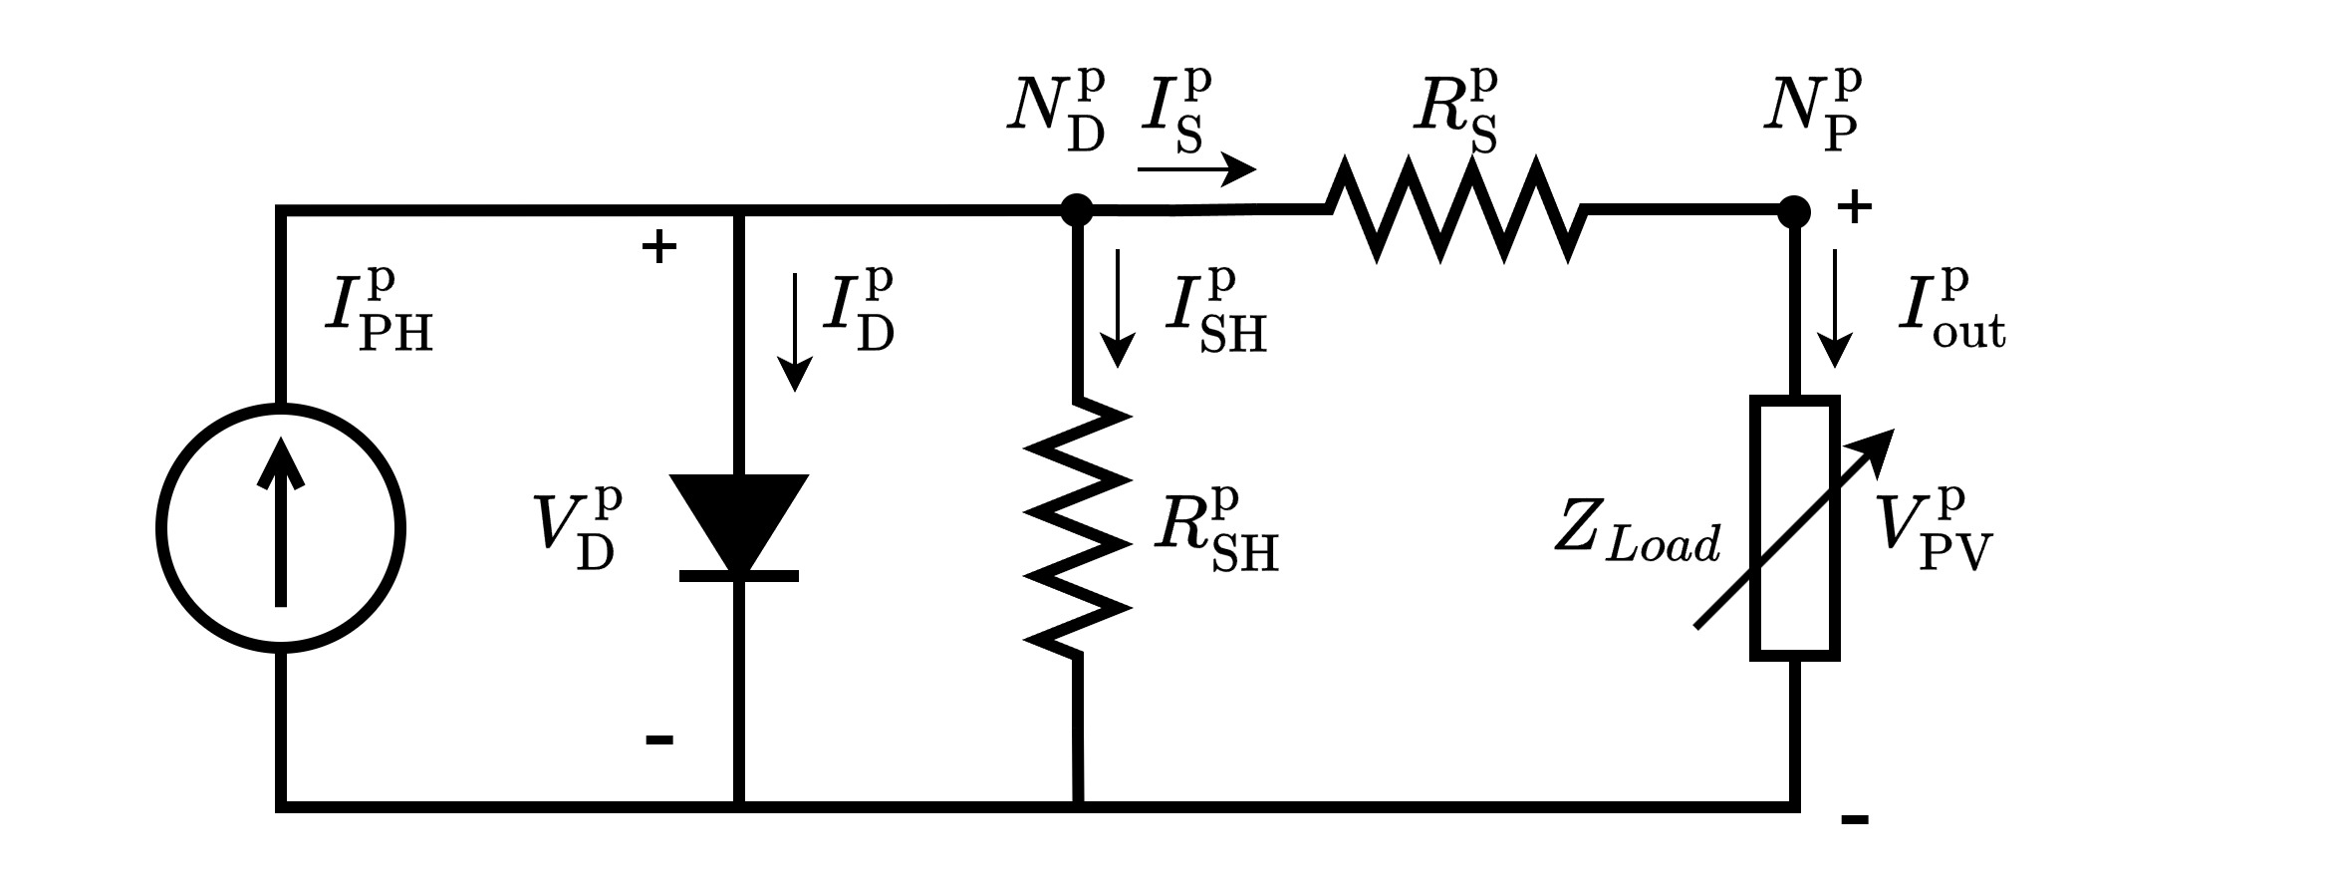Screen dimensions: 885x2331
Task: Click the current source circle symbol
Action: point(281,528)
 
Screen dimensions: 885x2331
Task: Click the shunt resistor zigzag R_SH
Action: point(1078,528)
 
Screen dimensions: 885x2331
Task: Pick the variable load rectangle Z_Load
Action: point(1794,528)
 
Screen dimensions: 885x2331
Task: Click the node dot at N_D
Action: point(1077,209)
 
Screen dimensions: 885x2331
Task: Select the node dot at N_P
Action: point(1794,210)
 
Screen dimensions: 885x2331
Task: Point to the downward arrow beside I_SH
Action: point(1118,309)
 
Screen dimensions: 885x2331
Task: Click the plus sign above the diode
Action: point(658,247)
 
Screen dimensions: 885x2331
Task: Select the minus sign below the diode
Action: point(659,739)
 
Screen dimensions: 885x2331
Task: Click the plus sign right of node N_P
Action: point(1854,208)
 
